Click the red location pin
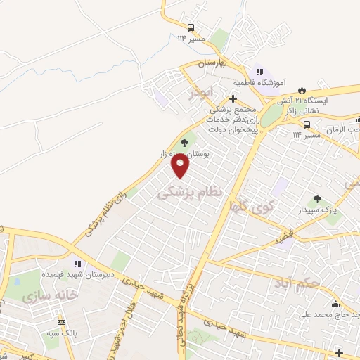[x=181, y=166]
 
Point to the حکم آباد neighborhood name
[x=299, y=283]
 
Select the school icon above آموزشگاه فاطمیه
[x=259, y=72]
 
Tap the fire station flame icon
[x=302, y=90]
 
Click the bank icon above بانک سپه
[x=61, y=321]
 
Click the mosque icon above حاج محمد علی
[x=335, y=304]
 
